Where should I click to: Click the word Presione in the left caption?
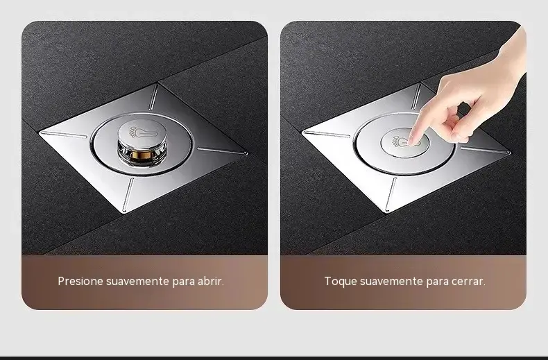pyautogui.click(x=80, y=281)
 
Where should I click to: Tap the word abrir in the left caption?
pyautogui.click(x=211, y=281)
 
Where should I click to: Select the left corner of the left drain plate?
pyautogui.click(x=40, y=132)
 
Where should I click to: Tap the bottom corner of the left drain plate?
pyautogui.click(x=124, y=212)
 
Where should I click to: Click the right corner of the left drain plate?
pyautogui.click(x=247, y=153)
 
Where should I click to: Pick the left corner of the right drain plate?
pyautogui.click(x=302, y=132)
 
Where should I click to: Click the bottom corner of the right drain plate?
pyautogui.click(x=387, y=212)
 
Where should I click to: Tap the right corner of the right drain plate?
pyautogui.click(x=510, y=153)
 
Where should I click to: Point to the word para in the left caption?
pyautogui.click(x=183, y=282)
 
